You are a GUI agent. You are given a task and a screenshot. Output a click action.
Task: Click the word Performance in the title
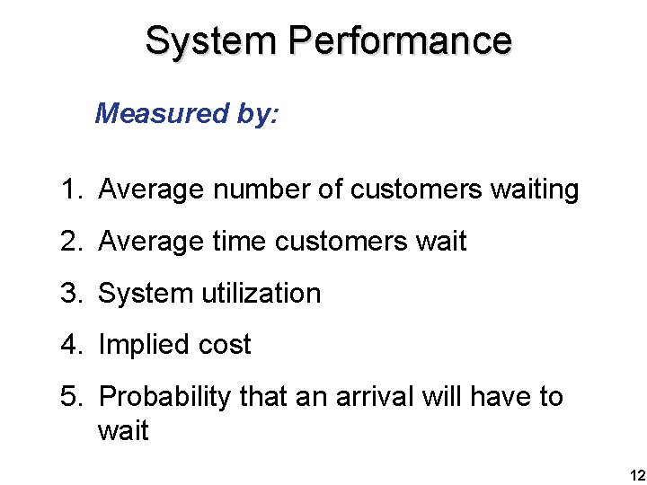click(x=401, y=40)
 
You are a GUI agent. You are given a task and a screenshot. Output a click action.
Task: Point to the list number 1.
click(x=70, y=190)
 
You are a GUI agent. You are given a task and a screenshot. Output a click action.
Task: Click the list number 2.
click(x=70, y=242)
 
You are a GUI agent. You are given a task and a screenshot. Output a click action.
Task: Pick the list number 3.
click(x=70, y=293)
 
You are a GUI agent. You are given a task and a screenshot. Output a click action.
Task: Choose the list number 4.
click(x=70, y=345)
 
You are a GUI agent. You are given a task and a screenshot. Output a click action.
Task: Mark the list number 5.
click(x=70, y=396)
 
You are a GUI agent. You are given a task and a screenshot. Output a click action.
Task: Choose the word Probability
click(x=164, y=396)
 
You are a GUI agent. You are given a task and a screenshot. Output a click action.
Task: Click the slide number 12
click(x=636, y=474)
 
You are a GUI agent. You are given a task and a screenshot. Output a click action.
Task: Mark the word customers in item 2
click(x=346, y=242)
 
